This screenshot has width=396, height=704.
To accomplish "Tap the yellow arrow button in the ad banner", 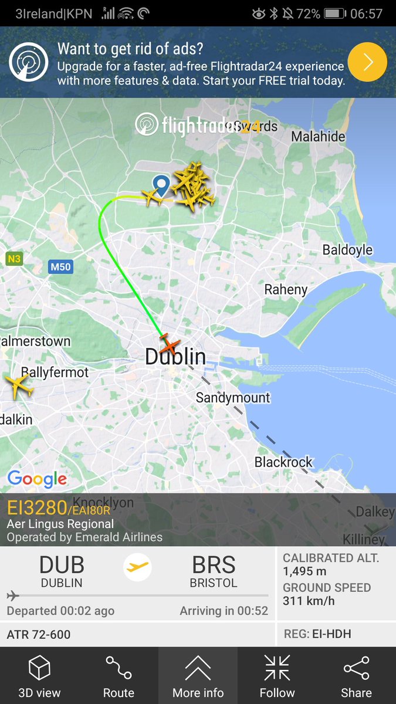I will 367,61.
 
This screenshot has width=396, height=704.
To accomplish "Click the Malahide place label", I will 319,136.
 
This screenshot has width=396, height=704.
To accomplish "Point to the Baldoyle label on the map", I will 347,250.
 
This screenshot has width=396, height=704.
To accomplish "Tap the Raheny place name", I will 286,289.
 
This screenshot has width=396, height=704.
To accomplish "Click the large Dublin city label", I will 175,357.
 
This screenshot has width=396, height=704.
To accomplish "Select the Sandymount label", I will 233,398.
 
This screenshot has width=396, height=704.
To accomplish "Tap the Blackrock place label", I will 284,462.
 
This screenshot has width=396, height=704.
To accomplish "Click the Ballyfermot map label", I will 55,372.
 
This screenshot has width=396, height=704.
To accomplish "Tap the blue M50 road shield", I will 60,267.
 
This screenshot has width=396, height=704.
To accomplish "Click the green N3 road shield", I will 14,258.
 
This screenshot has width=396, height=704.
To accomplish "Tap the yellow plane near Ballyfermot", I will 19,387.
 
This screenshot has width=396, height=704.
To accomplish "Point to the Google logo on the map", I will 37,479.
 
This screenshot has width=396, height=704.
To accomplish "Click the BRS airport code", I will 214,565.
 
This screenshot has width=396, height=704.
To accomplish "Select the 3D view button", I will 39,676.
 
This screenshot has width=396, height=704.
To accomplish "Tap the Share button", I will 356,676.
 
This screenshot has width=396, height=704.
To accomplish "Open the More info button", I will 198,676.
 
